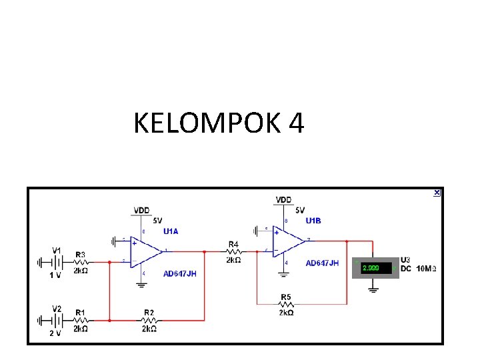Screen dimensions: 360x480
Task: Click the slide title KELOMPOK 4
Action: tap(219, 123)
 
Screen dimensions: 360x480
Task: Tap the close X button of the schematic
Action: tap(437, 193)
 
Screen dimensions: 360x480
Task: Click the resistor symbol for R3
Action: tap(80, 262)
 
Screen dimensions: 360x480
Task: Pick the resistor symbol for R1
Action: tap(80, 320)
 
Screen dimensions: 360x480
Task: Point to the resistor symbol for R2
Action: tap(148, 320)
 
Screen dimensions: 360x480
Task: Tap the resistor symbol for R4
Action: tap(233, 252)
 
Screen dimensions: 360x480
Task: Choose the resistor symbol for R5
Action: tap(285, 304)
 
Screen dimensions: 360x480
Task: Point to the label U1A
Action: tap(171, 231)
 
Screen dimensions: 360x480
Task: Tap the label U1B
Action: tap(313, 221)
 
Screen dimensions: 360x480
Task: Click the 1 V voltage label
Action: tap(55, 275)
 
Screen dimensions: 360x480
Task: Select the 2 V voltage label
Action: tap(55, 333)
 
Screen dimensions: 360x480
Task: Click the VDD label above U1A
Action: tap(141, 210)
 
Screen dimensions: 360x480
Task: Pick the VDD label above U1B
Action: tap(283, 200)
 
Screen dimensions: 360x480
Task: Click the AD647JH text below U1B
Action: tap(322, 263)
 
